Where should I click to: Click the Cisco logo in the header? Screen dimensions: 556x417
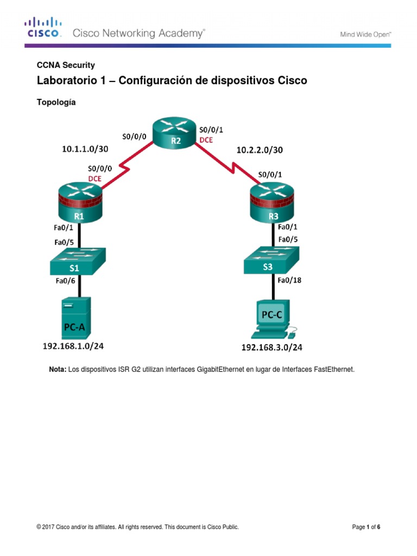[43, 28]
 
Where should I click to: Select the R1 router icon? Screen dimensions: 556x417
[79, 201]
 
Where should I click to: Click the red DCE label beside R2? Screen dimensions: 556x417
[206, 140]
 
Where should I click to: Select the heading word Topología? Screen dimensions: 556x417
[56, 102]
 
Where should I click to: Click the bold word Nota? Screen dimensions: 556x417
[58, 369]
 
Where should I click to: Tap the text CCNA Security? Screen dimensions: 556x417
[66, 65]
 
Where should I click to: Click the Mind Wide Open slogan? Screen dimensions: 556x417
[365, 34]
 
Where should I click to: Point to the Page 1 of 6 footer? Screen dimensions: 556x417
[366, 527]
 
